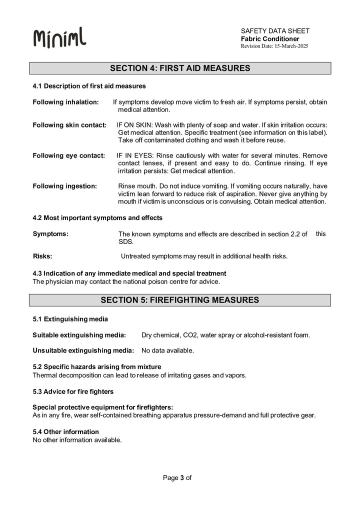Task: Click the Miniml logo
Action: pyautogui.click(x=59, y=38)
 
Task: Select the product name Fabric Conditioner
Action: pyautogui.click(x=270, y=38)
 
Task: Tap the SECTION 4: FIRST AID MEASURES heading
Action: pyautogui.click(x=180, y=68)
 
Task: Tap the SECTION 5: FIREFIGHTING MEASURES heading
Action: pyautogui.click(x=180, y=300)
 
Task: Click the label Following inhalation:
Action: pyautogui.click(x=65, y=102)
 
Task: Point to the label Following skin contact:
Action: pyautogui.click(x=69, y=124)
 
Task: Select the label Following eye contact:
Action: pyautogui.click(x=68, y=155)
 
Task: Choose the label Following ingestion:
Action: pyautogui.click(x=64, y=186)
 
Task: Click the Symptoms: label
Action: pyautogui.click(x=50, y=233)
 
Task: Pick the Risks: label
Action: pyautogui.click(x=42, y=256)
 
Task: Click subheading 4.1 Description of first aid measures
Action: pyautogui.click(x=89, y=86)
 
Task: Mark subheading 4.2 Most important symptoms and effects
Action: pyautogui.click(x=97, y=217)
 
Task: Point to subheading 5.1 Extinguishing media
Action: pyautogui.click(x=70, y=319)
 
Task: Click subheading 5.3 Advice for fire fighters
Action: pyautogui.click(x=73, y=391)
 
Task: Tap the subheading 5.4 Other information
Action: pyautogui.click(x=65, y=431)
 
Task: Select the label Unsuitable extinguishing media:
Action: pyautogui.click(x=83, y=350)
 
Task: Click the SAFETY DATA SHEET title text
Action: pyautogui.click(x=275, y=31)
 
